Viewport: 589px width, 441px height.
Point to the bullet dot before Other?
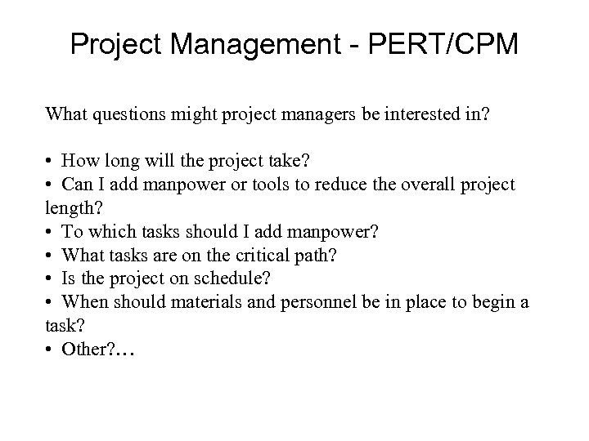(x=51, y=350)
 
